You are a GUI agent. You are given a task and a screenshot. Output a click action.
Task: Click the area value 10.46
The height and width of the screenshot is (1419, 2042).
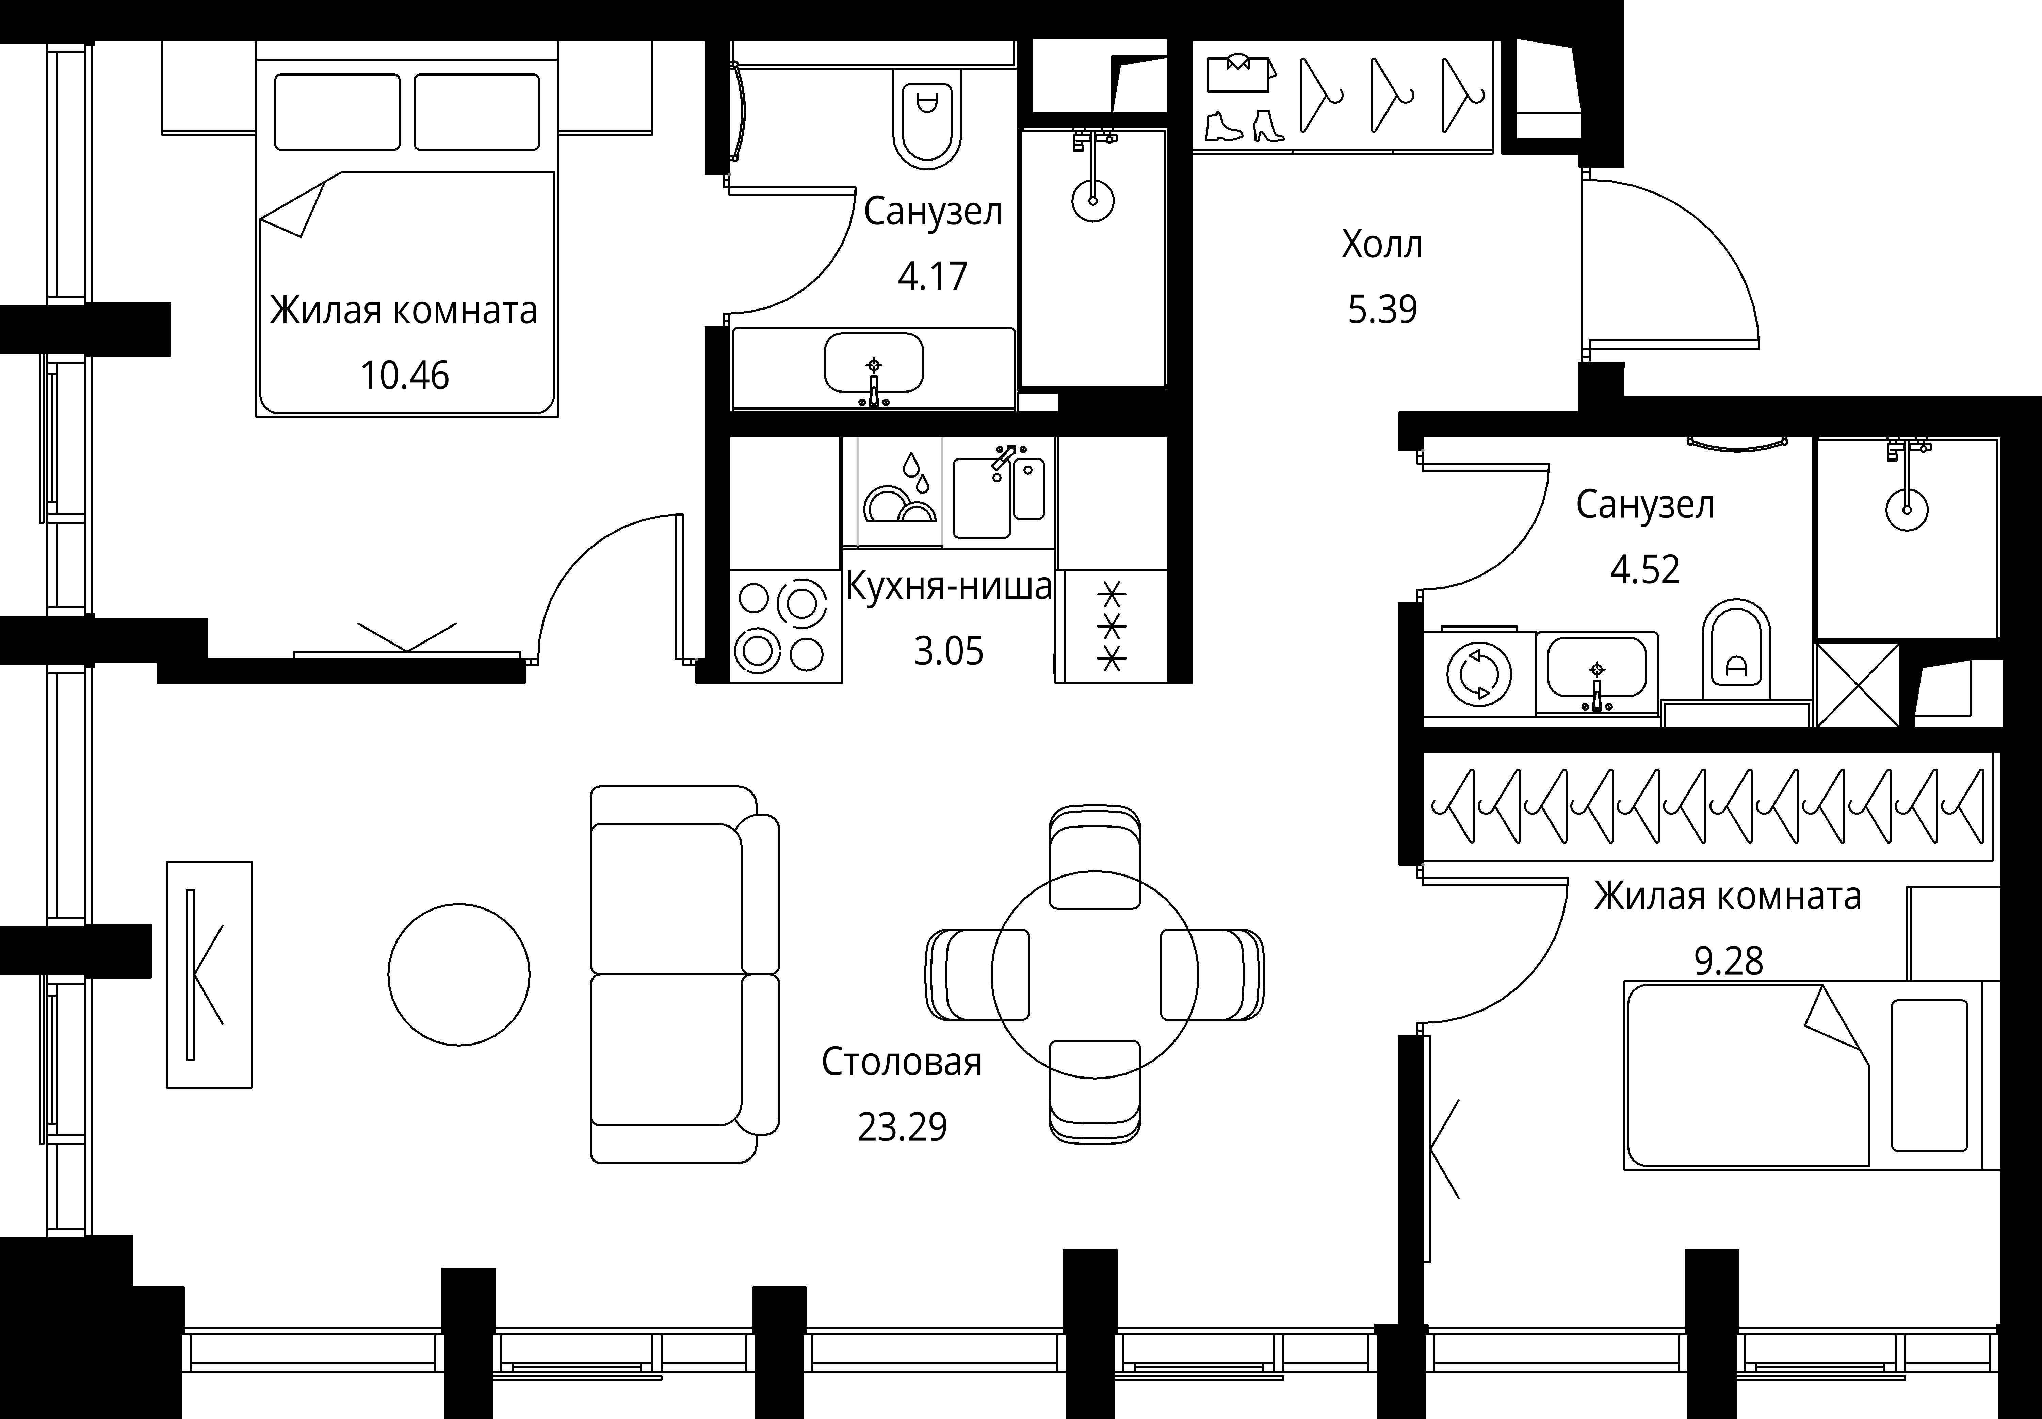tap(405, 376)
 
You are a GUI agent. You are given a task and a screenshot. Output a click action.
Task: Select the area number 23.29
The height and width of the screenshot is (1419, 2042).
tap(902, 1128)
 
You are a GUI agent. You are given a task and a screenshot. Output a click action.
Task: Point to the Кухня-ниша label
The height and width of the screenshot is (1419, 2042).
tap(948, 586)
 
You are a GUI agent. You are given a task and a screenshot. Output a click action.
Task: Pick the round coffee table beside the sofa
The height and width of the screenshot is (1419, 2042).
tap(459, 974)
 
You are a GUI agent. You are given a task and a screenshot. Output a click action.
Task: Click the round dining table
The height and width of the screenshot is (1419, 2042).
tap(1095, 974)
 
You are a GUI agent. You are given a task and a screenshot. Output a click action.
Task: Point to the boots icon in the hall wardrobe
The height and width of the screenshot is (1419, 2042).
tap(1244, 126)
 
